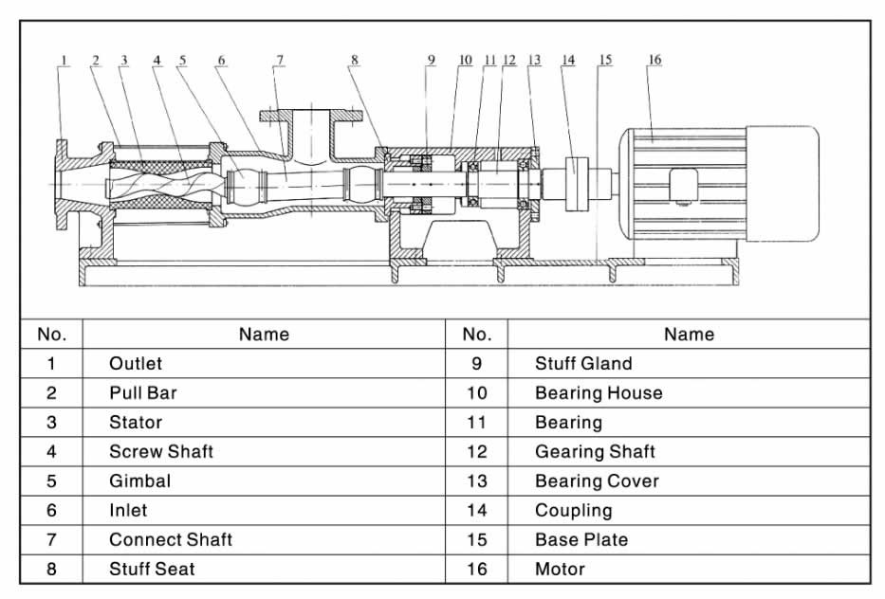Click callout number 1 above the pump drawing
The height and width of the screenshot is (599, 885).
(64, 60)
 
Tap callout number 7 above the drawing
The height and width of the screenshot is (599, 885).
(280, 60)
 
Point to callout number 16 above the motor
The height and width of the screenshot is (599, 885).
(655, 60)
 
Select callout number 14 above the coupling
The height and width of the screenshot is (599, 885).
(568, 60)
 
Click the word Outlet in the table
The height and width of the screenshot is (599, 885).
(136, 364)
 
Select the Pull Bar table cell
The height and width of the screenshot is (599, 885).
(143, 393)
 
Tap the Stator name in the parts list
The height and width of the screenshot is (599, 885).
(136, 423)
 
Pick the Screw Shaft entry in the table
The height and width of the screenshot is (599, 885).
(161, 452)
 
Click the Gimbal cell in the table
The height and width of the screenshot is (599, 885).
(140, 481)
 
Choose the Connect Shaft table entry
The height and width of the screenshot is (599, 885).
(171, 540)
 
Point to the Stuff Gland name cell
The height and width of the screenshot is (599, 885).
(583, 364)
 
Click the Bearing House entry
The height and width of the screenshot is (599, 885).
(599, 393)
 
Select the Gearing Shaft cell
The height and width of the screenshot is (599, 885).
(595, 452)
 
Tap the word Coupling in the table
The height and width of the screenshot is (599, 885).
(574, 511)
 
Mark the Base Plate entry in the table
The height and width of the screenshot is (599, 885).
(581, 540)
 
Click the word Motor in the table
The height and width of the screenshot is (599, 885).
(560, 569)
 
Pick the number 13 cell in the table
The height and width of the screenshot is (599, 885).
(477, 481)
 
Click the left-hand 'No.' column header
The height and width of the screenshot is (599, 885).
(52, 335)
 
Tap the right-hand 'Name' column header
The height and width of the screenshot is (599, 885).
(690, 335)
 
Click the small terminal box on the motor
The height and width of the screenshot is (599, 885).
(684, 186)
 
